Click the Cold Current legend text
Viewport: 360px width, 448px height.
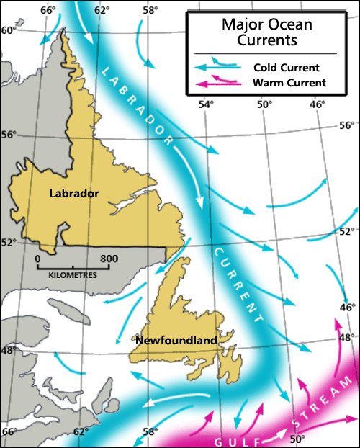pyautogui.click(x=286, y=67)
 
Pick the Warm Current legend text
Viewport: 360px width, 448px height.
pyautogui.click(x=289, y=83)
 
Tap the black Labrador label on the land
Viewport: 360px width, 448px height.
pyautogui.click(x=74, y=193)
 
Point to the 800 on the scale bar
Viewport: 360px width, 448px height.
pyautogui.click(x=109, y=258)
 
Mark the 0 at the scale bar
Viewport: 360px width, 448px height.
pyautogui.click(x=37, y=258)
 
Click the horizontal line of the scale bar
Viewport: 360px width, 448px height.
pyautogui.click(x=72, y=267)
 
